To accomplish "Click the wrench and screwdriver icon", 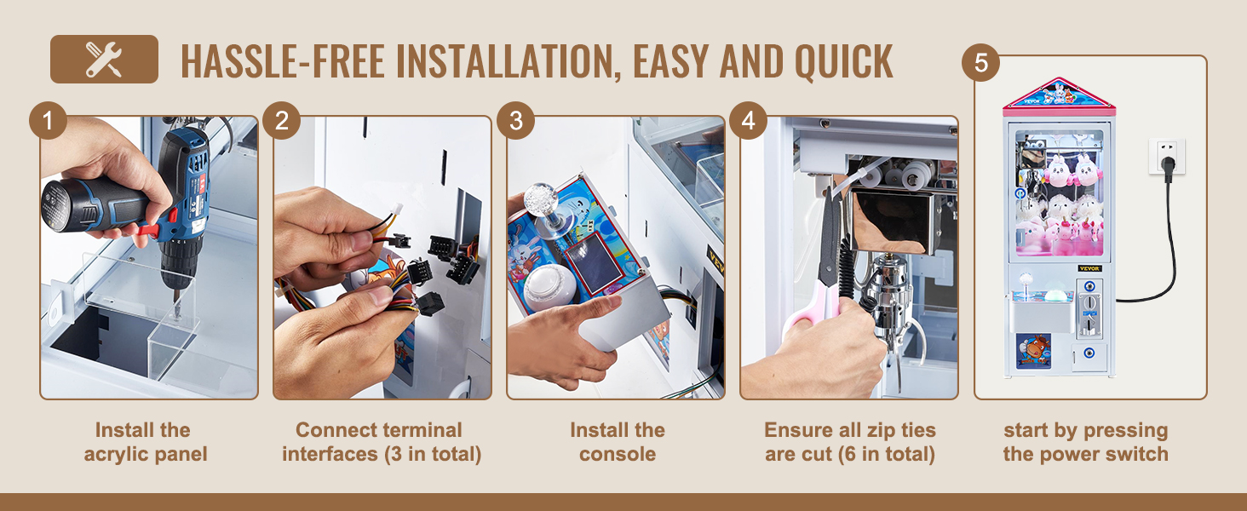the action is [104, 59].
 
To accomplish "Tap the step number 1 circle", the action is [48, 120].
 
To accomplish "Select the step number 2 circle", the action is [282, 120].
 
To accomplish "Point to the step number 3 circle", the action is [515, 120].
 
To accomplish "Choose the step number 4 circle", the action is [748, 120].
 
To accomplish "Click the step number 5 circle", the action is [981, 62].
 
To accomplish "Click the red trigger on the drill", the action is [149, 229].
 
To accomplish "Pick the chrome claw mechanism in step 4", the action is [891, 292].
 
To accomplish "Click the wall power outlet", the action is [1167, 157].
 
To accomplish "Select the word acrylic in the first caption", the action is [117, 454].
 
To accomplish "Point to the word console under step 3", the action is [618, 454].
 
